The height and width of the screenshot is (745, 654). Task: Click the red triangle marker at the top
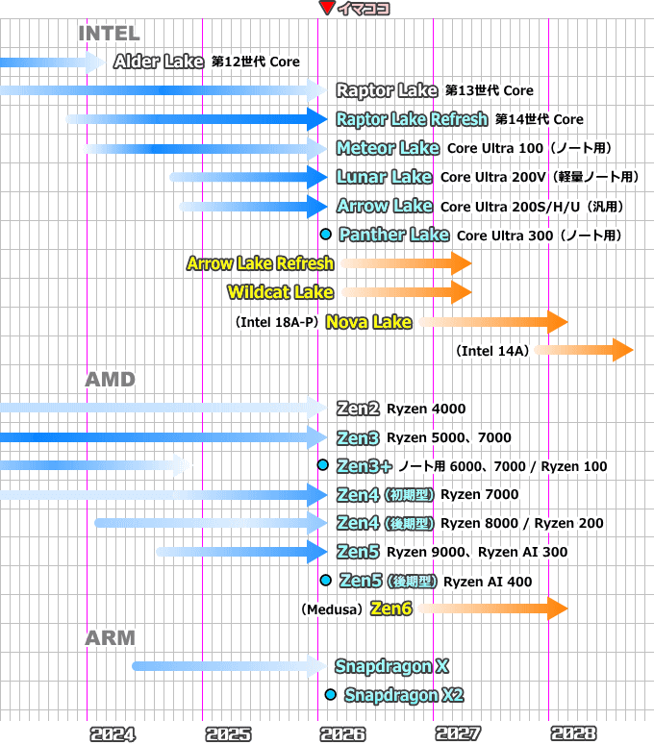326,9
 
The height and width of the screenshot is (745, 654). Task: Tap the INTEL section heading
109,34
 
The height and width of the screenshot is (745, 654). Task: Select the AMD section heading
111,380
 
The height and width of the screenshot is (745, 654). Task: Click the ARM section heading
111,638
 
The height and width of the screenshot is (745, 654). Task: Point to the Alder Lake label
158,62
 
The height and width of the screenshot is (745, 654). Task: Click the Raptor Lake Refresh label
412,119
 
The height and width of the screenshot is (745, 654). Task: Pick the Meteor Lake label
388,148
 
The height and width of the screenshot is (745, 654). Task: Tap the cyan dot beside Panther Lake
325,235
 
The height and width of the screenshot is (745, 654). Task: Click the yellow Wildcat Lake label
281,292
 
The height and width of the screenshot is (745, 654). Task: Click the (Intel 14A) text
493,351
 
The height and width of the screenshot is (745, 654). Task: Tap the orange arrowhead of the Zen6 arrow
558,608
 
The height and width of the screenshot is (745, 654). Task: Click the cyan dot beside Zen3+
323,465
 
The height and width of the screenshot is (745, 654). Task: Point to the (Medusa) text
332,609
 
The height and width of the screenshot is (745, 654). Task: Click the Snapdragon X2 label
404,695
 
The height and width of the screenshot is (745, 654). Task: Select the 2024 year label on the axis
113,734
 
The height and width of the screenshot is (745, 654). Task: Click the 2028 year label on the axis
574,734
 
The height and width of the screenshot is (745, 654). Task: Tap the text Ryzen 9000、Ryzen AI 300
477,552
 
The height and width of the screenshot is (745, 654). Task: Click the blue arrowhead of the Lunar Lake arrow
318,177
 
